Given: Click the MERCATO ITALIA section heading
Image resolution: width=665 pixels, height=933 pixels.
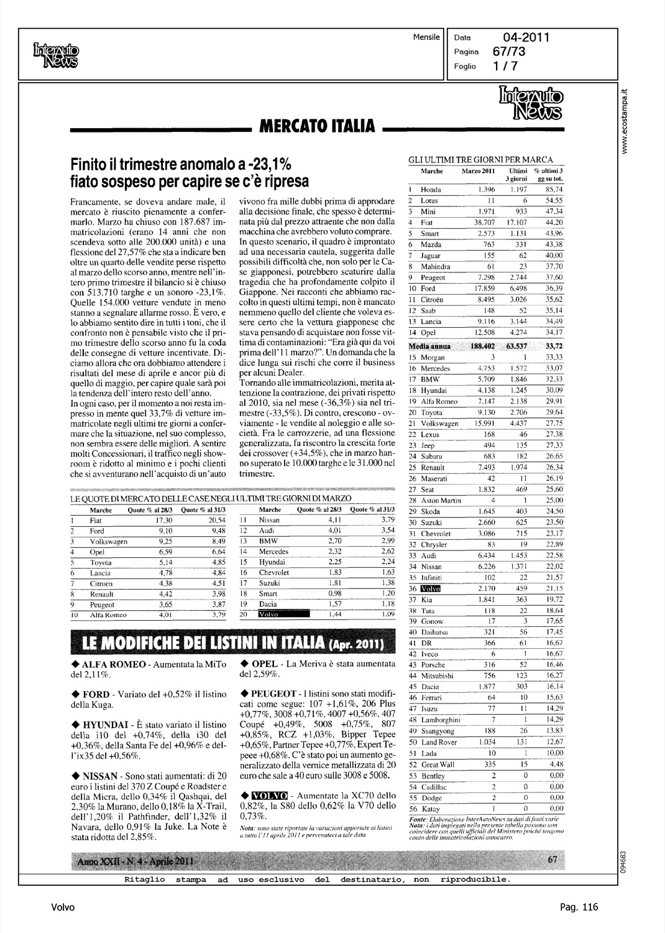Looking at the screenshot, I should coord(316,126).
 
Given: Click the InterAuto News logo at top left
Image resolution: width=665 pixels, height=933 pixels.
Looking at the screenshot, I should coord(56,55).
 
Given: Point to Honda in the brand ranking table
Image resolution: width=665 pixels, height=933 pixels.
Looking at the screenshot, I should coord(431,190).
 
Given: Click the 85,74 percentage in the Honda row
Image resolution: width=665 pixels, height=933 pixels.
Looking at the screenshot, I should coord(553,190).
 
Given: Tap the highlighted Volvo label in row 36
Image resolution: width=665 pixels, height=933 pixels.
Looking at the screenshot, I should coord(430,588).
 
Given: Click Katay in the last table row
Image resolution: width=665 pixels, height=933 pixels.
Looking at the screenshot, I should coord(431,809).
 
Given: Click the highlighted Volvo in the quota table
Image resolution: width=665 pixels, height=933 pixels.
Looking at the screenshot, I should coord(283,615).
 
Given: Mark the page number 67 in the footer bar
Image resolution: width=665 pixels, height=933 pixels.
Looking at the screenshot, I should coord(553,860).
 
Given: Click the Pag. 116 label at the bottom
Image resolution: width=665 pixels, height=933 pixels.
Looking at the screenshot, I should coord(579,907).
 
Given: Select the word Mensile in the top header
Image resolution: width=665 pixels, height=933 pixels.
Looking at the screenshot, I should coord(426,37).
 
